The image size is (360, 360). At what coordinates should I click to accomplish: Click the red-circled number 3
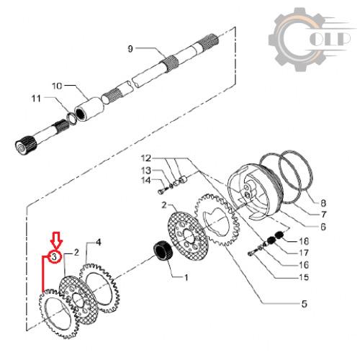coord(55,257)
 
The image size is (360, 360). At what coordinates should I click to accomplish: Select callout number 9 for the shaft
coord(130,49)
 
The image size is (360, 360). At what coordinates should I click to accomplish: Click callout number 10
coord(57,86)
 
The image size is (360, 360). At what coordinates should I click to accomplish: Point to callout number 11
coord(36,99)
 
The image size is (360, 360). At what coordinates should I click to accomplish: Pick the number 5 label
coord(305,304)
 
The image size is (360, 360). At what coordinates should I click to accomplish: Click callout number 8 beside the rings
coord(323,203)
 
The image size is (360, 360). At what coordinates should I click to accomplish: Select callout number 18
coord(304,241)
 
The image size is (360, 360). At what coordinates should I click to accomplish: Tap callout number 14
coord(146,180)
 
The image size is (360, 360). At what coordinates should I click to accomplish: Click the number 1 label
coord(186,277)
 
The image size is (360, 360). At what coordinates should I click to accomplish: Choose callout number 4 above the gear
coord(99,242)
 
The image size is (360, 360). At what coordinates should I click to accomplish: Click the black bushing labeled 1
coord(163,254)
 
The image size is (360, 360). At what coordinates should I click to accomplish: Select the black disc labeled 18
coord(279,235)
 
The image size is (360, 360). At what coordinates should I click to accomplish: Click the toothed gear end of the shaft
coord(26,145)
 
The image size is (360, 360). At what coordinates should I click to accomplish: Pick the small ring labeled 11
coord(71,118)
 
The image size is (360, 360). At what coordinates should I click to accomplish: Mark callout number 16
coord(304,265)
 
